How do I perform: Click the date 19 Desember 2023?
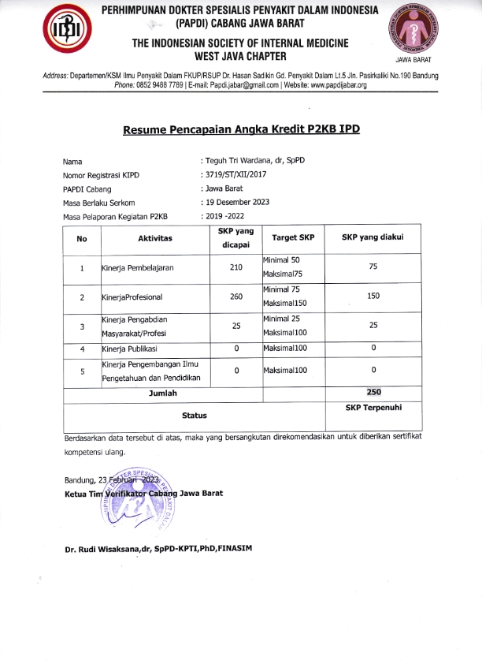point(237,202)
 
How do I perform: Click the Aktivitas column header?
point(154,237)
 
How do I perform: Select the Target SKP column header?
point(292,237)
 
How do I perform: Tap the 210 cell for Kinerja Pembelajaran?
point(236,267)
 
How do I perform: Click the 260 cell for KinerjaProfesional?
point(236,297)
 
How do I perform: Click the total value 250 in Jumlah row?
point(373,392)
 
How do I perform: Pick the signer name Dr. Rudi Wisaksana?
point(161,549)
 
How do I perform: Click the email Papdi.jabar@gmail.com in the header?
point(240,85)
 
